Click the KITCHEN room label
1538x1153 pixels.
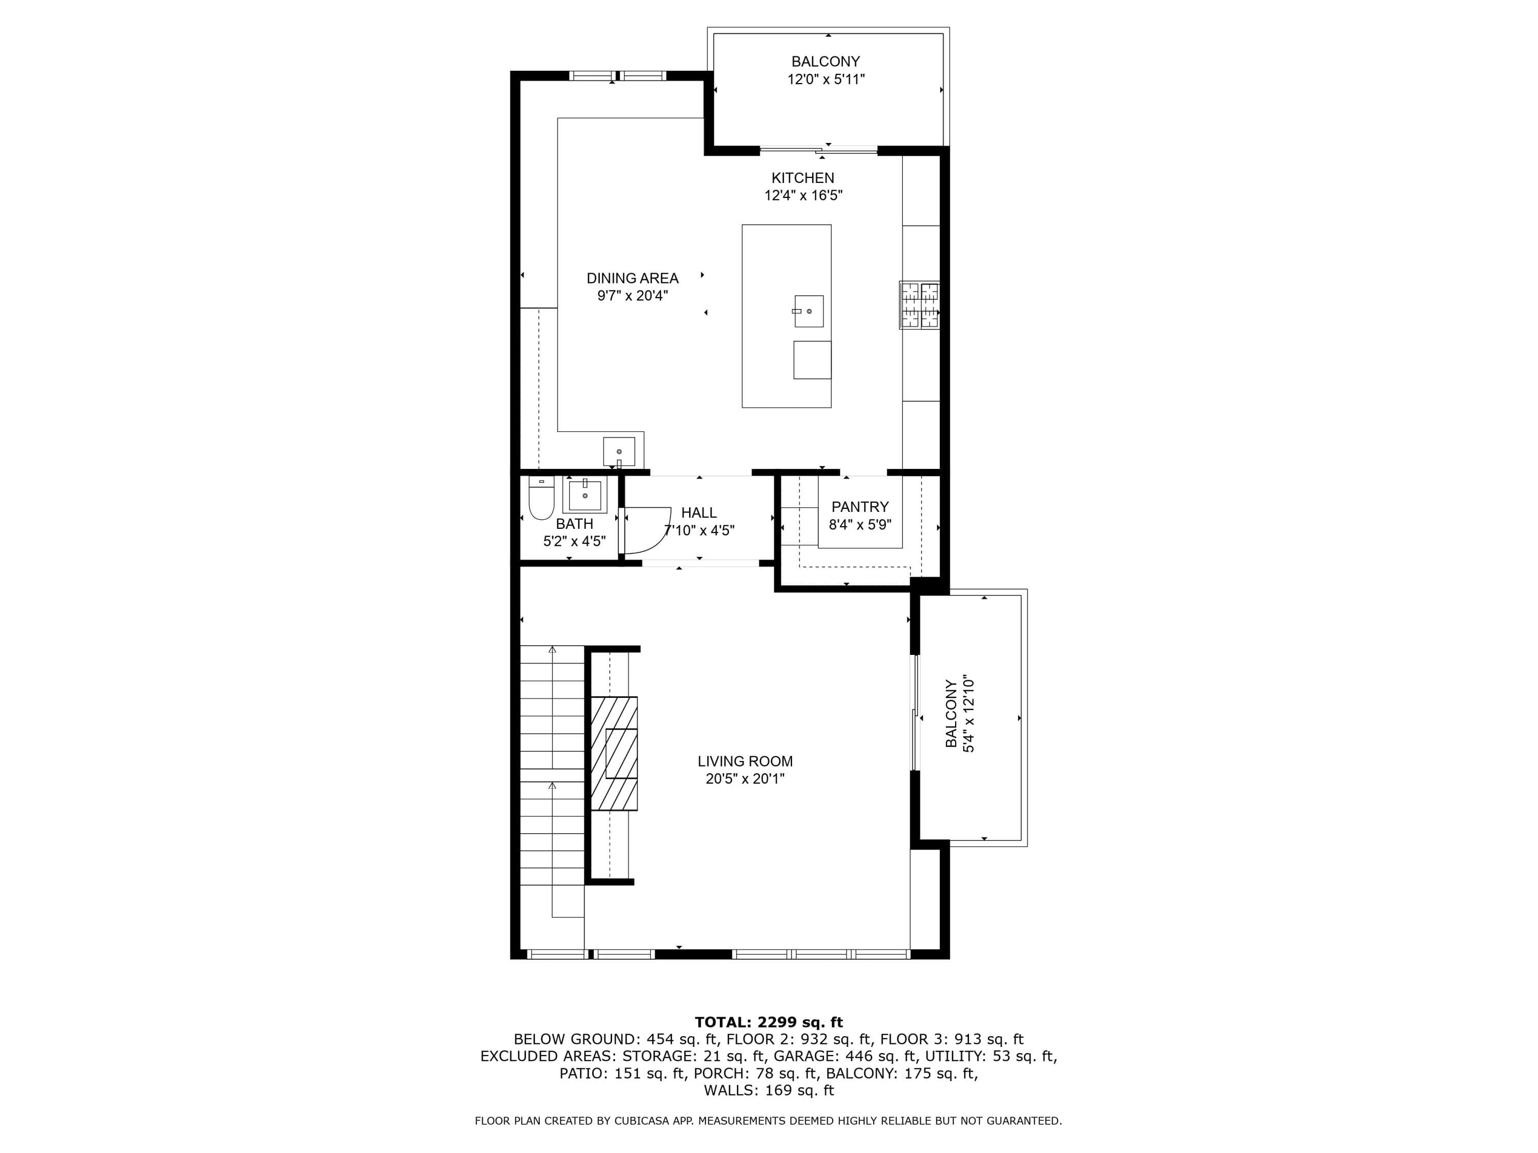[x=802, y=178]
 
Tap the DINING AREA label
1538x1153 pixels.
[x=632, y=278]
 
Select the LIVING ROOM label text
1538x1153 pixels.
[x=745, y=761]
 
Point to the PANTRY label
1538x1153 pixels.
[x=860, y=507]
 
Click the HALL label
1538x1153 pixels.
[x=699, y=512]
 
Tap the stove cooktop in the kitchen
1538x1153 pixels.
[x=919, y=304]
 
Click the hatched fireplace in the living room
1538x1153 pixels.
[x=614, y=753]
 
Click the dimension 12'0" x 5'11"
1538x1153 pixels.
[x=825, y=79]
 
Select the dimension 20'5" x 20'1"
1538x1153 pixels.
[x=745, y=779]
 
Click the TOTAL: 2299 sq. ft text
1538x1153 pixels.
[x=768, y=1022]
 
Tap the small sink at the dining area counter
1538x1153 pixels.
[x=619, y=452]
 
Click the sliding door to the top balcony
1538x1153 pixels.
[x=818, y=150]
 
